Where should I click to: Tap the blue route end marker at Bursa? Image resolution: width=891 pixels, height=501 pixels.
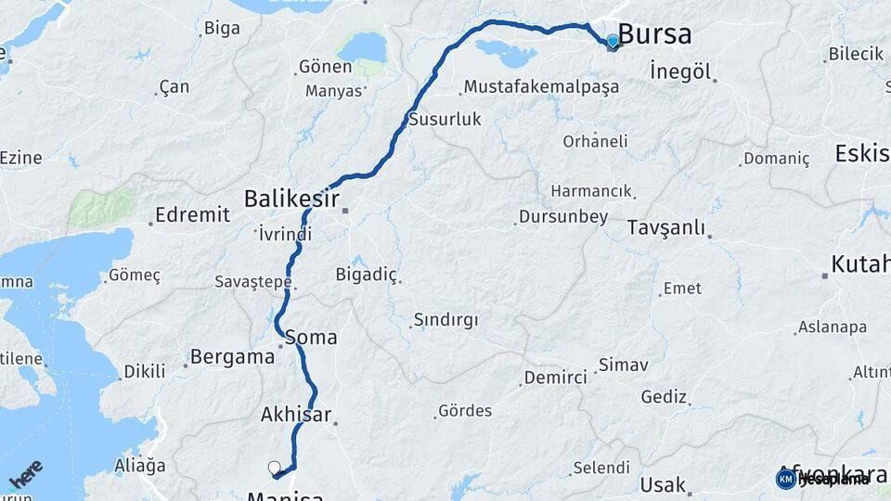[x=613, y=42]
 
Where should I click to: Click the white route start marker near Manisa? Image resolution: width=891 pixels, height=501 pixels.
[x=274, y=468]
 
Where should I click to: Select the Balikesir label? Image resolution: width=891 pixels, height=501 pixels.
[x=291, y=199]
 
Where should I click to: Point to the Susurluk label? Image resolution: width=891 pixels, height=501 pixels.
[x=445, y=120]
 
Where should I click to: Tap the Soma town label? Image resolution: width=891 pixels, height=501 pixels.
[x=312, y=337]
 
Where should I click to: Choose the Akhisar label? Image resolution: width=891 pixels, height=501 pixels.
[x=296, y=414]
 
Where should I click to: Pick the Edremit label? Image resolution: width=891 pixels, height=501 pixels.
[x=192, y=214]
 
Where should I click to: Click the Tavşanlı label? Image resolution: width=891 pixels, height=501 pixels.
[x=666, y=228]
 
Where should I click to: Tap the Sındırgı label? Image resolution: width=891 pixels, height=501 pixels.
[x=445, y=320]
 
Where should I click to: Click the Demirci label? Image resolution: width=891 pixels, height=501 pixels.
[x=555, y=378]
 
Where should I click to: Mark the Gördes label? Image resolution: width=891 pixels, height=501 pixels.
[x=465, y=410]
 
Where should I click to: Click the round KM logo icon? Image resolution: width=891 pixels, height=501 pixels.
[x=786, y=479]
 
